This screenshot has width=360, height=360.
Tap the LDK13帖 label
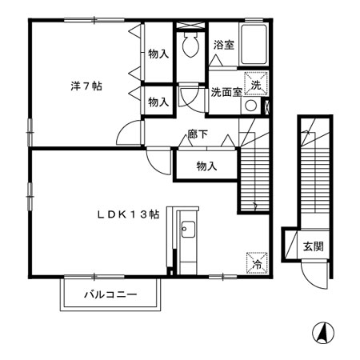pos(128,214)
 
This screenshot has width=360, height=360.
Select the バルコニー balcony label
pos(111,295)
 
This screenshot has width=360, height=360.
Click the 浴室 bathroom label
pos(224,46)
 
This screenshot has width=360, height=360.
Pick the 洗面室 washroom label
pos(226,92)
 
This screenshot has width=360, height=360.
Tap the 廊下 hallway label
pos(198,135)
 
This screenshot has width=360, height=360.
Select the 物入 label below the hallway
pos(206,166)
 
